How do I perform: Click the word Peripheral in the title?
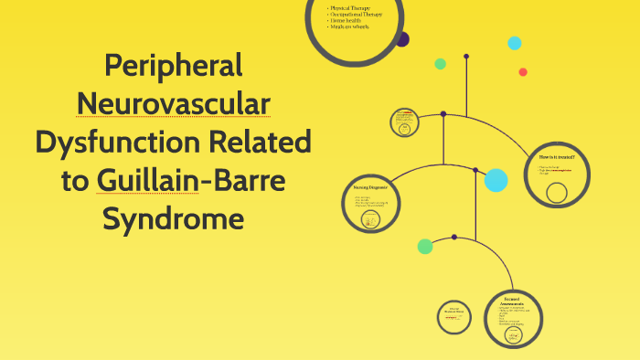(173, 66)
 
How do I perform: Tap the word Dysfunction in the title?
(119, 143)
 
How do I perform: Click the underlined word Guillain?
(146, 181)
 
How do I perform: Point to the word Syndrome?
(173, 220)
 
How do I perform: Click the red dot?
(523, 72)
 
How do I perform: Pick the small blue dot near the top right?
(515, 43)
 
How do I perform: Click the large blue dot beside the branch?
(496, 180)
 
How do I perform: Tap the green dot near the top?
(440, 64)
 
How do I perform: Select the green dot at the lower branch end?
(425, 246)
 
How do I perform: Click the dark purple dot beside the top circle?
(402, 39)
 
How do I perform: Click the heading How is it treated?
(557, 157)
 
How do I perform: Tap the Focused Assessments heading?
(511, 301)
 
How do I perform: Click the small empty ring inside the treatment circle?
(556, 192)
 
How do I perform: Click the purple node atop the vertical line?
(466, 57)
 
